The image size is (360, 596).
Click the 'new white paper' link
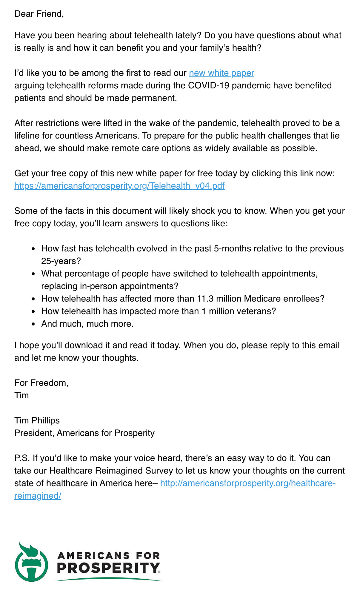(x=221, y=73)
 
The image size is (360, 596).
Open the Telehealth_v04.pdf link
(x=119, y=186)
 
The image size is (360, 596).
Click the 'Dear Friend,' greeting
(x=39, y=14)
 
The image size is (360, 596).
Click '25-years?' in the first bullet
(x=61, y=261)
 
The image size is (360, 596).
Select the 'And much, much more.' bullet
(x=87, y=324)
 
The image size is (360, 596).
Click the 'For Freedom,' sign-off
(x=41, y=383)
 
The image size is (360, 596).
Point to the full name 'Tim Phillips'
(x=37, y=420)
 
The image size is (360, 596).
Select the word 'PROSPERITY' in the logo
(x=108, y=568)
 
